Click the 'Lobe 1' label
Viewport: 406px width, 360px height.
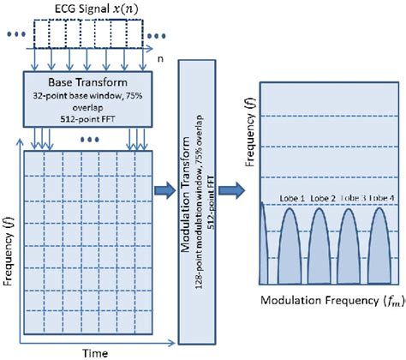click(292, 199)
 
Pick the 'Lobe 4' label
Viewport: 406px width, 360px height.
click(385, 199)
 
